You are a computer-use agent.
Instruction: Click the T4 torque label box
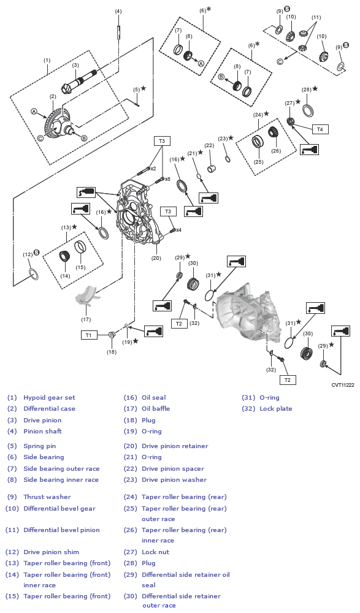click(320, 129)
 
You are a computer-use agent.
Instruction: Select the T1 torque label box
click(88, 335)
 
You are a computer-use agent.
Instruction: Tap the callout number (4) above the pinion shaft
click(118, 11)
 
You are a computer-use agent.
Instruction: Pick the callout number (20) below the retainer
click(156, 258)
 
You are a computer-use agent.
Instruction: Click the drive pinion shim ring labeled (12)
click(33, 274)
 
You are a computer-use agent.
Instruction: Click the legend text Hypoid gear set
click(49, 397)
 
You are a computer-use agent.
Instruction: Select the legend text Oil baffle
click(156, 408)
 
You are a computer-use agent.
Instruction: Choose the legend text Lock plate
click(276, 408)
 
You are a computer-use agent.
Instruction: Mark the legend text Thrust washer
click(47, 497)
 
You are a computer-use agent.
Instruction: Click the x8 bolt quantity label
click(167, 179)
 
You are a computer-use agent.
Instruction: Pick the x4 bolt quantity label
click(178, 230)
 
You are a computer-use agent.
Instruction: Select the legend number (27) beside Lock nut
click(130, 552)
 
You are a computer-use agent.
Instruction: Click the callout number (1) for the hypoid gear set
click(47, 60)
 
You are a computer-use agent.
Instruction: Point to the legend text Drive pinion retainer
click(174, 446)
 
